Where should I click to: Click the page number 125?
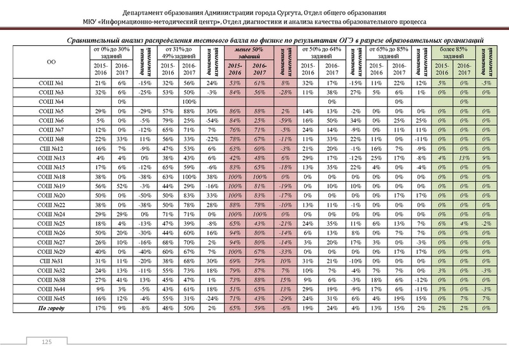46,343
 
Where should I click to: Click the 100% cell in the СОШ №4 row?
188,102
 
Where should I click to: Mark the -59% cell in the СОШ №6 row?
284,120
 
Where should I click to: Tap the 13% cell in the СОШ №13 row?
466,156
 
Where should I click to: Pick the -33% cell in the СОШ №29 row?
284,252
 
